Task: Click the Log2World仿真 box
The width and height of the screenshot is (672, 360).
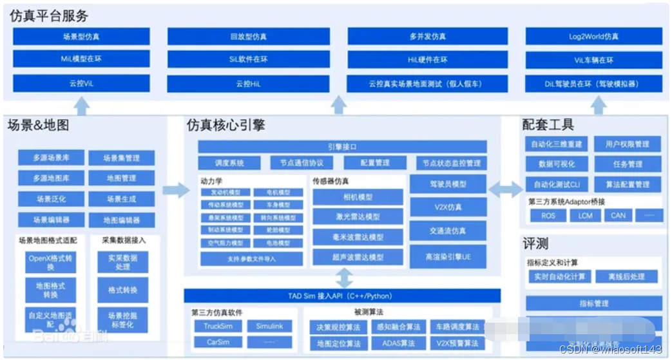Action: (593, 36)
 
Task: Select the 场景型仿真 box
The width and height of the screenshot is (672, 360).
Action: (81, 37)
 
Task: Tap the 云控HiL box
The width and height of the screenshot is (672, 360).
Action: (248, 84)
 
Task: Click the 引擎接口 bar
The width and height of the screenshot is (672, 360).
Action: (342, 147)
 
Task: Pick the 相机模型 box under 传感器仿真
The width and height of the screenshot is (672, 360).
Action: (358, 198)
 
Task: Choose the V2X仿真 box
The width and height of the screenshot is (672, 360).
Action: (448, 207)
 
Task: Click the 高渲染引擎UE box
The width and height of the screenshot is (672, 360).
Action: (448, 256)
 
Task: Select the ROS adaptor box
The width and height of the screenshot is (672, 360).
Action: (548, 215)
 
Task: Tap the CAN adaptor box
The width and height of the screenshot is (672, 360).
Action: (618, 215)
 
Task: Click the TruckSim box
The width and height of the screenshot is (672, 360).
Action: (218, 326)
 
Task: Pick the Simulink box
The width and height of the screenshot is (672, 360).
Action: (269, 326)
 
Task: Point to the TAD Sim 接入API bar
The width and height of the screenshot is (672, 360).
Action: (342, 296)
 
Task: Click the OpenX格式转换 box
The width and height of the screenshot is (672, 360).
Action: (51, 262)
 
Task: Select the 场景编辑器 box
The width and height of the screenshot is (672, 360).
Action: (51, 220)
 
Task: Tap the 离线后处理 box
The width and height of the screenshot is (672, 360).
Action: (626, 276)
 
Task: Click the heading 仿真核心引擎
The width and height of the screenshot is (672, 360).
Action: (226, 124)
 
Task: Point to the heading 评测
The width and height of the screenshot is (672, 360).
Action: (535, 243)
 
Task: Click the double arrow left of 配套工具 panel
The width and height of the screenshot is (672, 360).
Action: (506, 189)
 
